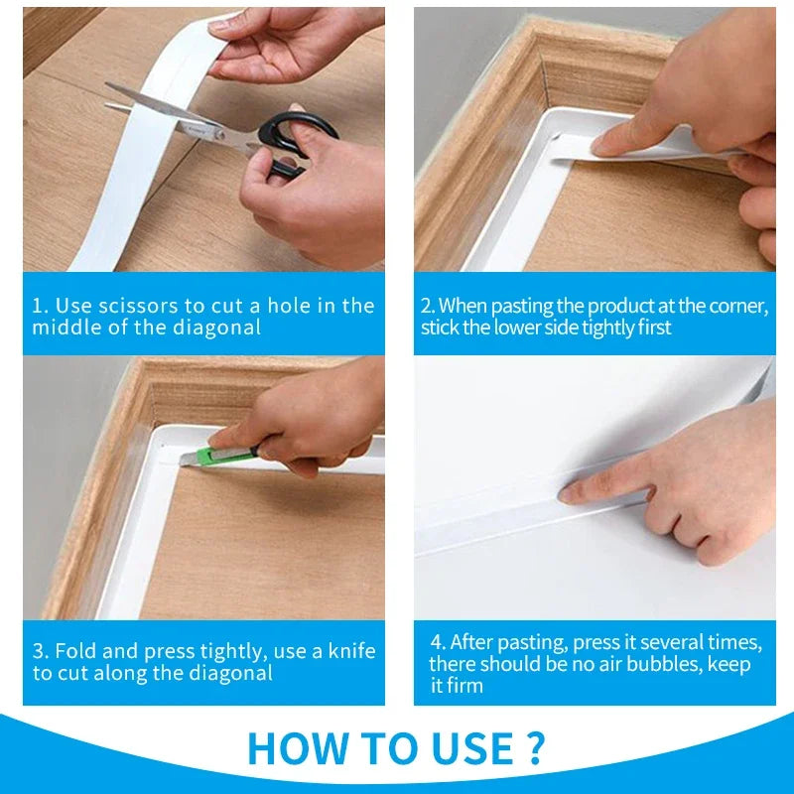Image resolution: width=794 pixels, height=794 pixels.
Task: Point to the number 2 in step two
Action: point(427,306)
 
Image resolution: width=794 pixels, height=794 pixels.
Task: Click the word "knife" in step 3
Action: point(351,651)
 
